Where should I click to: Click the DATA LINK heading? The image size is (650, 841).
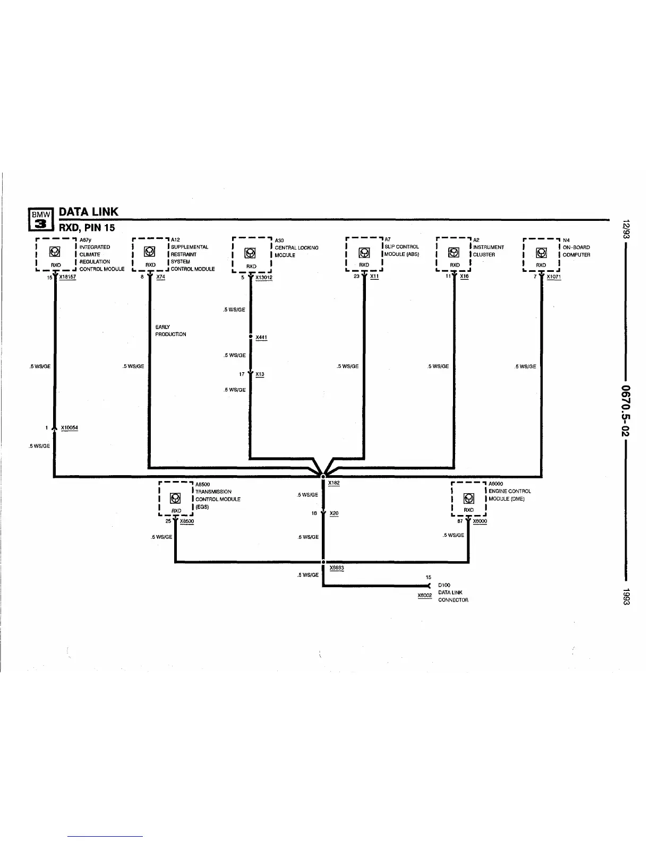(88, 212)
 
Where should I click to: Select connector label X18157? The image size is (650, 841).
(67, 277)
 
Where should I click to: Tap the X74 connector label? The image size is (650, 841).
(161, 277)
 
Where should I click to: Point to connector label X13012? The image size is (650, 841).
(263, 277)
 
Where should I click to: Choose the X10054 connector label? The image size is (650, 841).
(70, 427)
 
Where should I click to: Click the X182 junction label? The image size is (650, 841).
(333, 483)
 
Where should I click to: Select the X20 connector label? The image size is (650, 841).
(334, 513)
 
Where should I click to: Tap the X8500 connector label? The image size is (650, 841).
(187, 521)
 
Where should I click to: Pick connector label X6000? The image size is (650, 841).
(480, 521)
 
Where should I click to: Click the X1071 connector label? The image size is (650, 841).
(553, 277)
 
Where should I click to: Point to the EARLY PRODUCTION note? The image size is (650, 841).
(170, 331)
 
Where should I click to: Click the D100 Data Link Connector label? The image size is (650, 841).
(453, 593)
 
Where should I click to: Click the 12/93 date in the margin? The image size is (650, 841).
(626, 229)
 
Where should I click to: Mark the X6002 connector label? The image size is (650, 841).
(425, 596)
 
